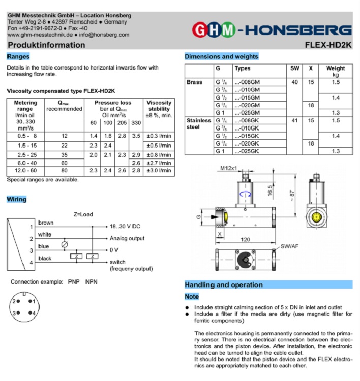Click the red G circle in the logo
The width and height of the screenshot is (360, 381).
pyautogui.click(x=200, y=30)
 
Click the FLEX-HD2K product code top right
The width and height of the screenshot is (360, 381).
pyautogui.click(x=328, y=45)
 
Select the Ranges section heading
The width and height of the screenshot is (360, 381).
pyautogui.click(x=18, y=56)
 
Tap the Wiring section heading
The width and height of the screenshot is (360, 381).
pyautogui.click(x=17, y=199)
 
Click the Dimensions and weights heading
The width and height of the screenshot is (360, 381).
pyautogui.click(x=221, y=56)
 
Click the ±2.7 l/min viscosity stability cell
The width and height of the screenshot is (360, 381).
pyautogui.click(x=159, y=163)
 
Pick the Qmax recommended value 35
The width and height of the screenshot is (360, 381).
pyautogui.click(x=64, y=154)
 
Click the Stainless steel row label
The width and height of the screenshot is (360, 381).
pyautogui.click(x=198, y=124)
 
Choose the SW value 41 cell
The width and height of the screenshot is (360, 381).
pyautogui.click(x=294, y=121)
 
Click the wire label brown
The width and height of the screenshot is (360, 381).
pyautogui.click(x=45, y=223)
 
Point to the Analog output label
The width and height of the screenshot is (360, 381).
pyautogui.click(x=127, y=238)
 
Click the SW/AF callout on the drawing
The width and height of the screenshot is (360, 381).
pyautogui.click(x=290, y=246)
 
